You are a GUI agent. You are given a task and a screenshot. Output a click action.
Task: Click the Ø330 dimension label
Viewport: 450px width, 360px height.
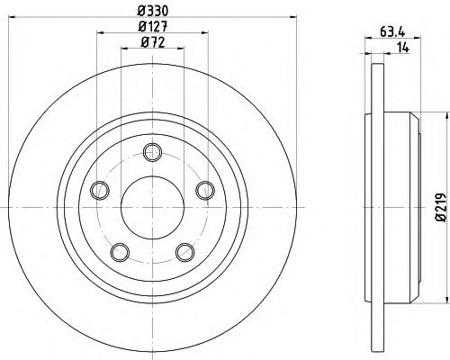tap(151, 11)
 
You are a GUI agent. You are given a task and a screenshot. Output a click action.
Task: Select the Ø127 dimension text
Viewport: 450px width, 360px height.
tap(151, 26)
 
